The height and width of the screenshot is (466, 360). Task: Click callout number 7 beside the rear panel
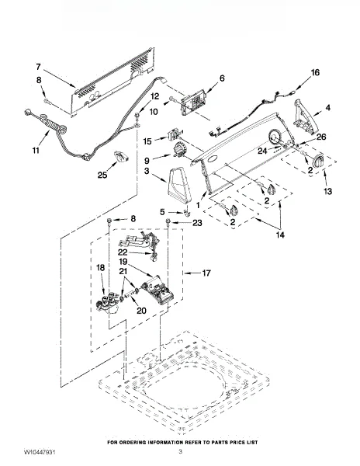(38, 67)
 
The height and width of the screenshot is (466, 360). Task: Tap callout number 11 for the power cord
(36, 151)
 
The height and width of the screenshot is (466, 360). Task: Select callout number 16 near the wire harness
(315, 72)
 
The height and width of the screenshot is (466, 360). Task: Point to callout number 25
(102, 175)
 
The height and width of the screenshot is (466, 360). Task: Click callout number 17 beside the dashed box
(206, 273)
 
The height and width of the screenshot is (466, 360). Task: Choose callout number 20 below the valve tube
(141, 311)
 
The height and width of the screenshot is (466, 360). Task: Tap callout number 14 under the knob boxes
(280, 235)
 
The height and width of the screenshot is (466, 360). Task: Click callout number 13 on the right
(327, 191)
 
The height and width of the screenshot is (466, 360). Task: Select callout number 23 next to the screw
(197, 223)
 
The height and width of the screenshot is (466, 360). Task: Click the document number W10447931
(40, 452)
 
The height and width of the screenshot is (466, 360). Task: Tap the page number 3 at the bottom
(180, 452)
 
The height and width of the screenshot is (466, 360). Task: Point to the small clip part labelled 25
(122, 156)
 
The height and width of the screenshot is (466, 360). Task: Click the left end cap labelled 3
(179, 186)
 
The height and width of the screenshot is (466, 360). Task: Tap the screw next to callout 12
(137, 115)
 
